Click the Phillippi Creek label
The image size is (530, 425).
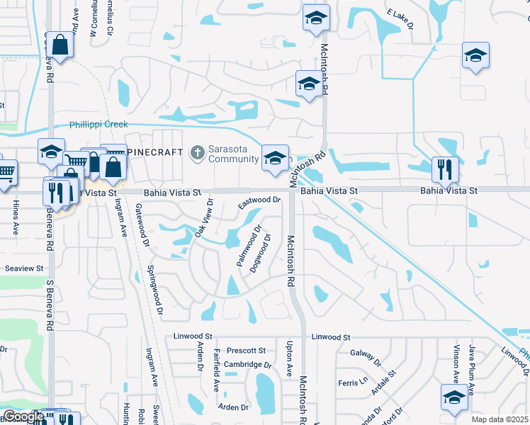[98, 125]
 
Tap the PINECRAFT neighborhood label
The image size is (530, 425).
[155, 152]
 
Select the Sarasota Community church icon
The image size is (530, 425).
[198, 152]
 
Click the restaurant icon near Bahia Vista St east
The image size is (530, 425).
[444, 169]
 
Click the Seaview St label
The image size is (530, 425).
[25, 269]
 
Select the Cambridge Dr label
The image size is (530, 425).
[248, 365]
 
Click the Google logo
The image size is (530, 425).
[23, 416]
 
